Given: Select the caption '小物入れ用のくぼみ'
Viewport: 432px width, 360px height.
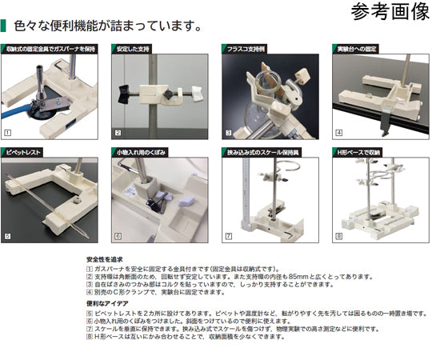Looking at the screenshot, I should [x=142, y=151].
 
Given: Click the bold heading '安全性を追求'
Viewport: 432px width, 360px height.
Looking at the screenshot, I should [x=105, y=259].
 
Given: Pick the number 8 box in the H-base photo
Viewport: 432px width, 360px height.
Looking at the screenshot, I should [x=338, y=237].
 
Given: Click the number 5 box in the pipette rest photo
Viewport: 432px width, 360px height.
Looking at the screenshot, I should [x=7, y=237].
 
